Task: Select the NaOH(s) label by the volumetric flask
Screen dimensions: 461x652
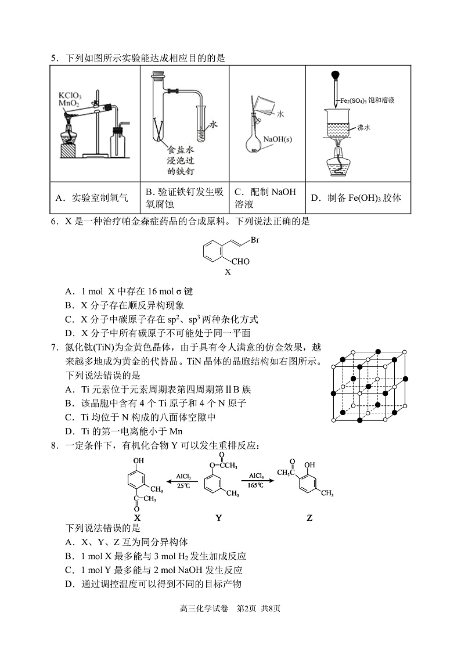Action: (x=278, y=139)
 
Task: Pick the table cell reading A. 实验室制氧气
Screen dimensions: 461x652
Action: (x=92, y=198)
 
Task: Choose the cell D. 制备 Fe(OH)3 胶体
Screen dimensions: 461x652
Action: (x=356, y=198)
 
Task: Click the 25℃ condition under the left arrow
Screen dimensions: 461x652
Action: (x=183, y=485)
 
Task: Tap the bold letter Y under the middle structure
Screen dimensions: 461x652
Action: (x=218, y=518)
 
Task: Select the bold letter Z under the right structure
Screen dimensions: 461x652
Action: (x=309, y=518)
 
